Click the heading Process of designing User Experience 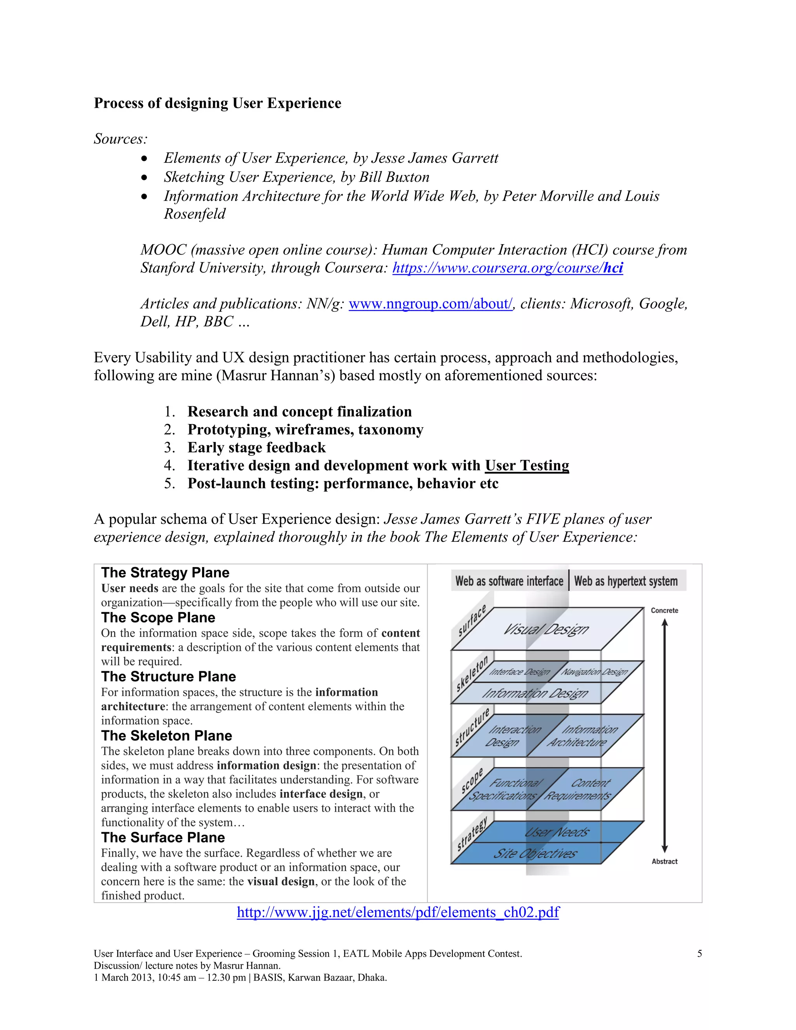point(217,103)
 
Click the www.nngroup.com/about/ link point(431,304)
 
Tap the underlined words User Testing point(527,466)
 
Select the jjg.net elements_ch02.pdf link point(398,912)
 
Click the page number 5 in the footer point(699,953)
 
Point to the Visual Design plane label point(546,629)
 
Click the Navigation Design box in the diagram point(594,672)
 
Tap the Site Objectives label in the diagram point(535,854)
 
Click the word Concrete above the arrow point(664,610)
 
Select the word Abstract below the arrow point(664,861)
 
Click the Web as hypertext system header point(626,581)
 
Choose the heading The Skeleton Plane point(166,736)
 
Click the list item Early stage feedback point(257,447)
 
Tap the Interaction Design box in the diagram point(509,736)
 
